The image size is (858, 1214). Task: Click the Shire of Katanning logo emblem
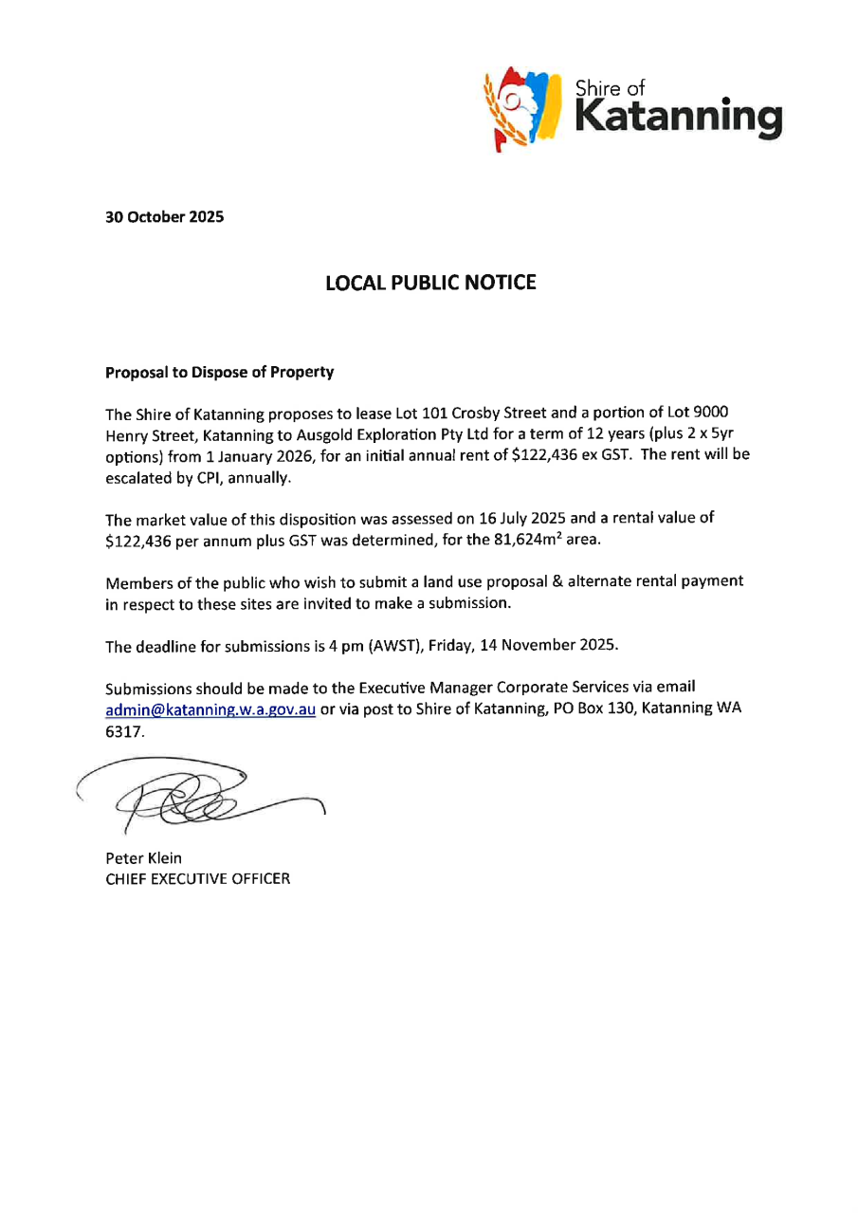tap(520, 108)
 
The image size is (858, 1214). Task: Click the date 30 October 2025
tap(164, 216)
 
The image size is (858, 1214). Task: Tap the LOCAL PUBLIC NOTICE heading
tap(430, 283)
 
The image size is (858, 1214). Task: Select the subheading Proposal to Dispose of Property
tap(219, 373)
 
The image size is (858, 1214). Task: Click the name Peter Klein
tap(143, 858)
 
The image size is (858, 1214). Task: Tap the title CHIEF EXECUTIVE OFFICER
tap(198, 878)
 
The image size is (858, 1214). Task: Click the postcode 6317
tap(123, 733)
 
